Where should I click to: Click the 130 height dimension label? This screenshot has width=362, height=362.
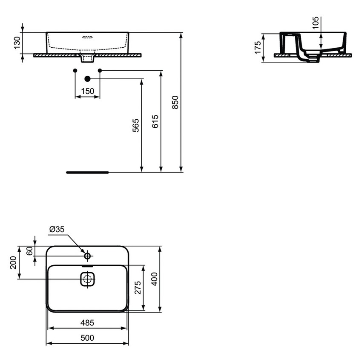(17, 43)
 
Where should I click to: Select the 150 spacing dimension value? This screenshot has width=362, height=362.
(87, 91)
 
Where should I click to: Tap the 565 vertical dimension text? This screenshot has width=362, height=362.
(136, 125)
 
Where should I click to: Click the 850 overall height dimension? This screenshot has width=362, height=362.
(175, 102)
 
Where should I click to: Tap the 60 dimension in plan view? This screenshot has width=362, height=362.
(29, 251)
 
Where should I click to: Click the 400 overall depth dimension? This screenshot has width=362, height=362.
(155, 279)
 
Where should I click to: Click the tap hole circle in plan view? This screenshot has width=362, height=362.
(87, 256)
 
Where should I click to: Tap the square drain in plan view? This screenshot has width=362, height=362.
(87, 280)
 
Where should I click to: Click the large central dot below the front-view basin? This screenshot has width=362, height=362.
(87, 78)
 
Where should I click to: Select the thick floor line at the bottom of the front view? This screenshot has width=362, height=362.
(88, 172)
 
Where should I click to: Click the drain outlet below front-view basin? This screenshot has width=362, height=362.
(87, 57)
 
